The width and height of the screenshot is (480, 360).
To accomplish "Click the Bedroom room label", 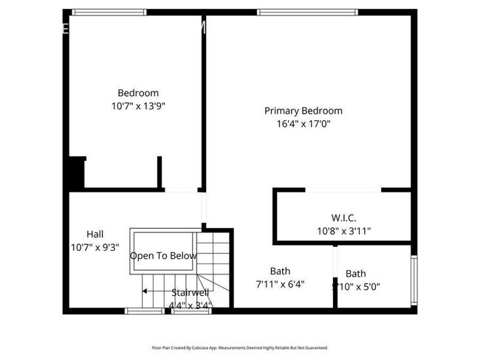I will tap(138, 93).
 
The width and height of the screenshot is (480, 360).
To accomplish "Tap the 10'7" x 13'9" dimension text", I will tap(138, 106).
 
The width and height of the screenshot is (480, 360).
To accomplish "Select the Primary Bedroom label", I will tap(304, 111).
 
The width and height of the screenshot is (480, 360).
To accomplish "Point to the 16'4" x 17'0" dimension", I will tap(304, 124).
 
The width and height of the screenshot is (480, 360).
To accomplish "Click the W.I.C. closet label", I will tap(343, 218).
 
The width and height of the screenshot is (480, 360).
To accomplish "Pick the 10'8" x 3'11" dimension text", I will tap(343, 231).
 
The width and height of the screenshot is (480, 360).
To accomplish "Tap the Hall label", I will tap(95, 234).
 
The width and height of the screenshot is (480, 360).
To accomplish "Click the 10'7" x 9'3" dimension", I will tap(95, 247).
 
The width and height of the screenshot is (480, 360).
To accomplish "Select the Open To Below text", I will tap(163, 256).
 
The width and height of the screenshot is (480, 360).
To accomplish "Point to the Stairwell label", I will tap(191, 292).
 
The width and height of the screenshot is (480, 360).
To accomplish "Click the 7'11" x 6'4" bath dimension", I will tap(280, 283).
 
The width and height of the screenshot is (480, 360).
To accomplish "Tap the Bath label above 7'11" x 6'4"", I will tap(280, 270).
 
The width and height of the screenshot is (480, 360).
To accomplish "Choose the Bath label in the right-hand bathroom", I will tap(355, 274).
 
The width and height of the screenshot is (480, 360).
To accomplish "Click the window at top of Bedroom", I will tap(109, 11).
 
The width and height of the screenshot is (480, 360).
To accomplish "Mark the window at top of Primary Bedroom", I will tap(307, 11).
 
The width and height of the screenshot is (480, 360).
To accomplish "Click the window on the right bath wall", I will tap(414, 280).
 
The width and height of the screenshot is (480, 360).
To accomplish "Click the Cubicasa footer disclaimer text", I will tap(240, 347).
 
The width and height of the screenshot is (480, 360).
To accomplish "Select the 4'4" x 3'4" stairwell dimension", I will tap(191, 305).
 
